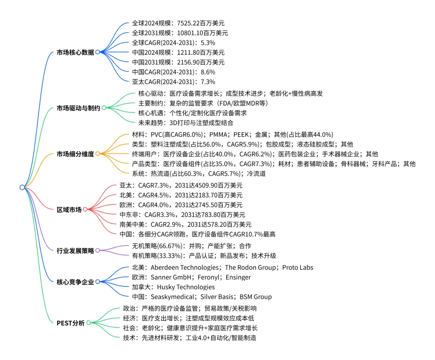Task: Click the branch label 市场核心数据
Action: tap(75, 52)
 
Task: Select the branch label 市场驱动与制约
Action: tap(78, 108)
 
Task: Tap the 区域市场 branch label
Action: tap(69, 210)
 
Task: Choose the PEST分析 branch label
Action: tap(70, 323)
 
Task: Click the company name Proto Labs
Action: tap(298, 268)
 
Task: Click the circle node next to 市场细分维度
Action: tap(97, 154)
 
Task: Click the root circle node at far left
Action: tap(22, 187)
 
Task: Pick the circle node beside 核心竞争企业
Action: tap(97, 282)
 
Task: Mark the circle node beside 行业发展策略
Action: tap(97, 250)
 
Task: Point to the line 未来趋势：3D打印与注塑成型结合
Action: tap(186, 123)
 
